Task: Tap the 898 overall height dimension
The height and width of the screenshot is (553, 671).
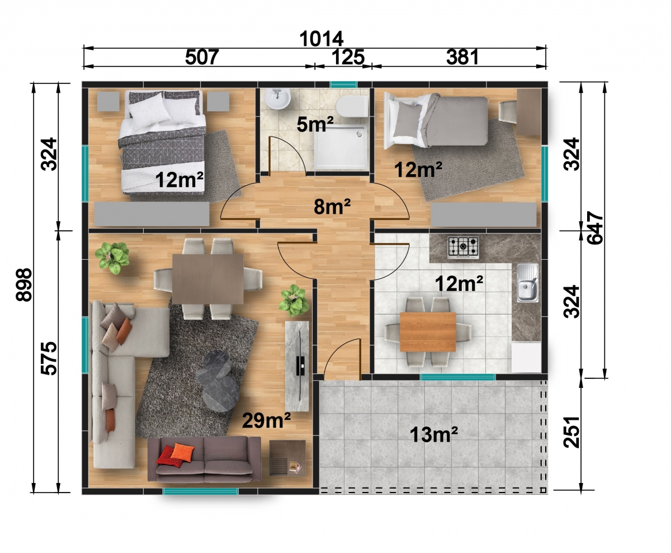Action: (x=24, y=285)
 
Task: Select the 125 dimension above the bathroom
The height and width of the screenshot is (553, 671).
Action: (x=348, y=58)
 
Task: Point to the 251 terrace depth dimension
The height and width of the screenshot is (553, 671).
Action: (x=571, y=432)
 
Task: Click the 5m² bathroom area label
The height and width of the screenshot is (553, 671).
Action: (x=315, y=124)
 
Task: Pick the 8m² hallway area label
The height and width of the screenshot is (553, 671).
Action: (x=332, y=207)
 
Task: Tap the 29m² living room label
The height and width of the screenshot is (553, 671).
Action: (x=266, y=420)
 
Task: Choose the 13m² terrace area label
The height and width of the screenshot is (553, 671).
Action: (x=434, y=434)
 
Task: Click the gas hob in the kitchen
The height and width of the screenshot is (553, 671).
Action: (x=463, y=247)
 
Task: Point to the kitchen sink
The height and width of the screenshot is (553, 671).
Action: (x=527, y=283)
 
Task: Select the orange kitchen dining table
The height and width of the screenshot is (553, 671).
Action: (x=428, y=332)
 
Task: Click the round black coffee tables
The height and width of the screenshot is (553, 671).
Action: (x=218, y=381)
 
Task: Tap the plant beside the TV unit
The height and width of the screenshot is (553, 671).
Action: (x=294, y=301)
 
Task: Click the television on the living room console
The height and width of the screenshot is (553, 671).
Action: (x=300, y=365)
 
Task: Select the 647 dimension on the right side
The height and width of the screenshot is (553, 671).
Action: (x=594, y=228)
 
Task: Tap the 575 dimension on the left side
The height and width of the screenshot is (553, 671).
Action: (x=49, y=358)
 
